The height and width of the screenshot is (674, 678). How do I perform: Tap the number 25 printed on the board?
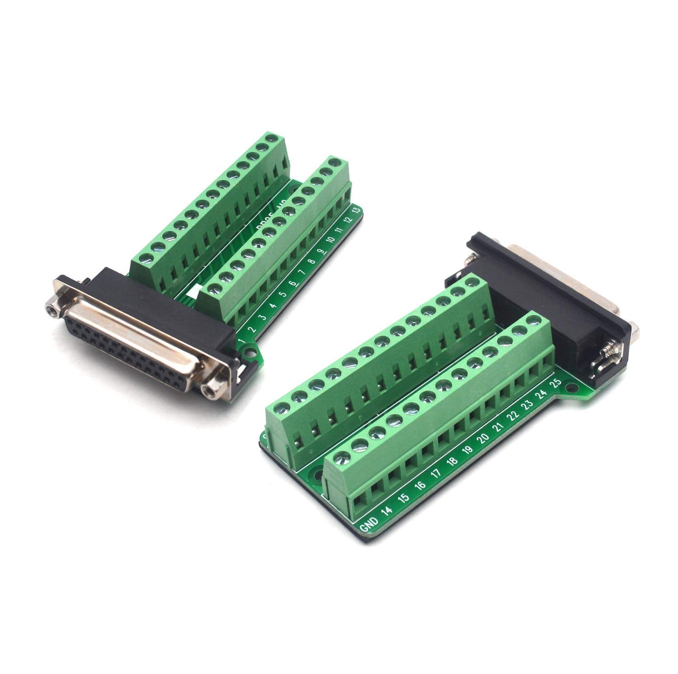click(556, 385)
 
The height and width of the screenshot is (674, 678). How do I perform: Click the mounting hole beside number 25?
click(574, 388)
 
